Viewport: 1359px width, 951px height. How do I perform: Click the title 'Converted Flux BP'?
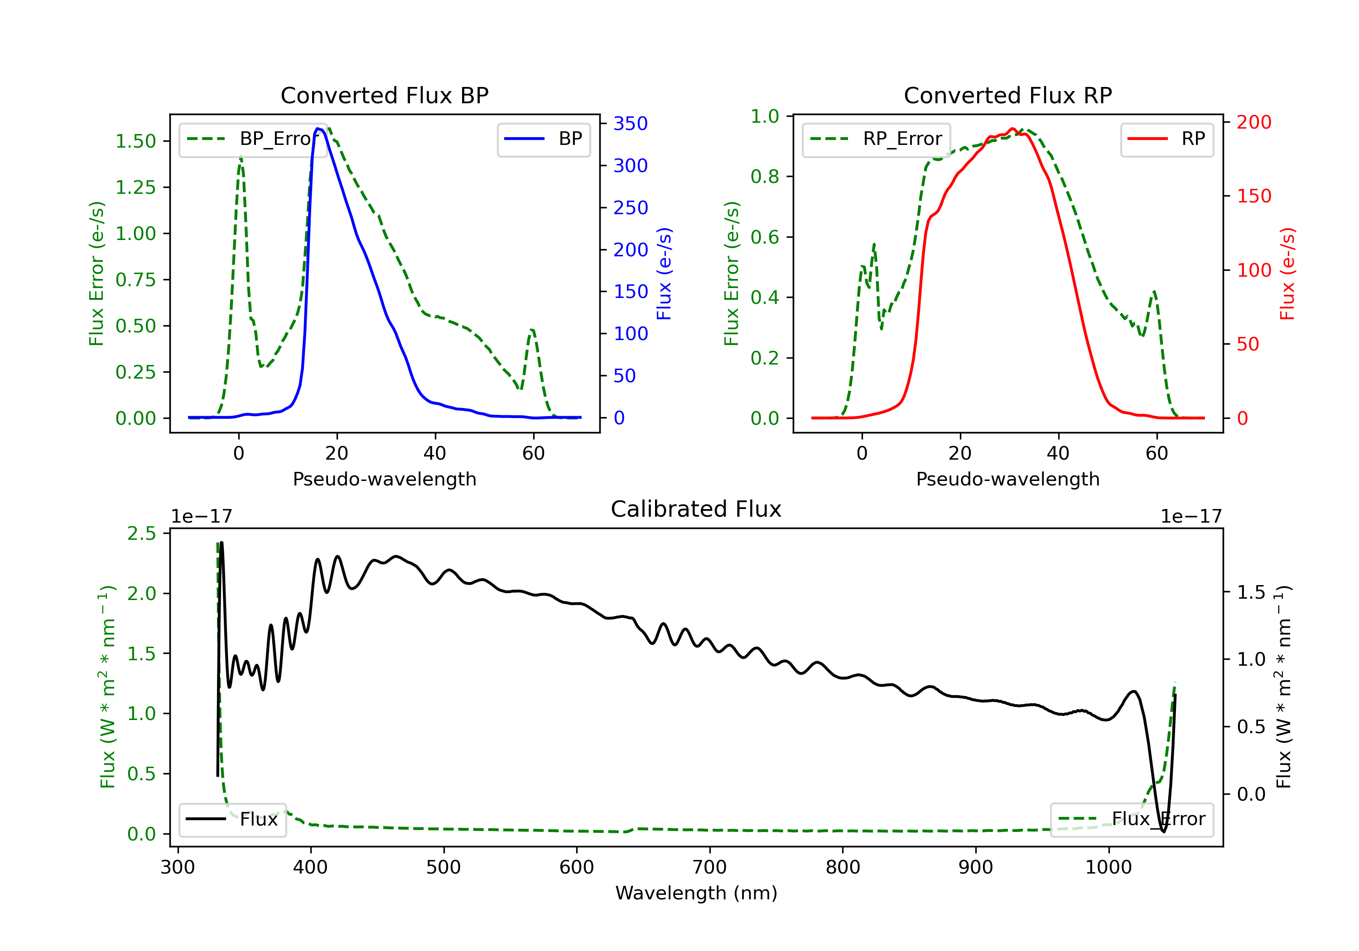(x=384, y=95)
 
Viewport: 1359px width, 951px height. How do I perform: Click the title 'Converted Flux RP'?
(x=1007, y=95)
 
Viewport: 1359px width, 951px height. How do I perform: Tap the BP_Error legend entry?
(x=253, y=139)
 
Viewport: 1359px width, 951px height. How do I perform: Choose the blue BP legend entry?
(x=543, y=139)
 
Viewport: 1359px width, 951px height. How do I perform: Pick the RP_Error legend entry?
(x=876, y=139)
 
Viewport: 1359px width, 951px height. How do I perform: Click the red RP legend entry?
(x=1166, y=139)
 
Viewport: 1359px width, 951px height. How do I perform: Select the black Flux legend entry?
(x=232, y=819)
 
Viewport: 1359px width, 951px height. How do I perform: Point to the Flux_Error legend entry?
(x=1131, y=819)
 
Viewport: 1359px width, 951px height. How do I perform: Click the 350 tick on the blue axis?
(x=631, y=124)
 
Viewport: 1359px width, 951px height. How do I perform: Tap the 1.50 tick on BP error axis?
(x=135, y=141)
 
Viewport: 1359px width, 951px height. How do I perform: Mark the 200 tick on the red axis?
(x=1253, y=123)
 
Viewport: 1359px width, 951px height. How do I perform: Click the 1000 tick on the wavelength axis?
(x=1108, y=868)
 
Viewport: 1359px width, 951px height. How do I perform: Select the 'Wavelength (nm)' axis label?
(x=696, y=893)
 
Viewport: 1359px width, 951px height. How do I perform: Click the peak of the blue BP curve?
(x=318, y=129)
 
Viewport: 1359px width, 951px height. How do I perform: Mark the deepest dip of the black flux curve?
(x=1163, y=831)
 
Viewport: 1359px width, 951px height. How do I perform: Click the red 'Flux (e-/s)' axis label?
(x=1287, y=274)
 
